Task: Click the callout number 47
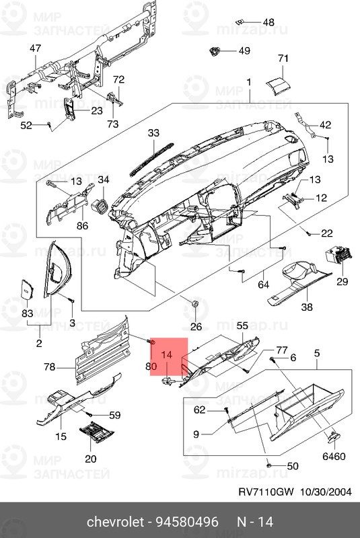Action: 35,48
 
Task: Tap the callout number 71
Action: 283,59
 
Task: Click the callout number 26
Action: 196,327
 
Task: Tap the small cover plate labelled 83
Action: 26,289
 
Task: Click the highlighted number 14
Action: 168,354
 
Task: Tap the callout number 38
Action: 307,307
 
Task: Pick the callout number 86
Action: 82,225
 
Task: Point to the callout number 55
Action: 242,325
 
